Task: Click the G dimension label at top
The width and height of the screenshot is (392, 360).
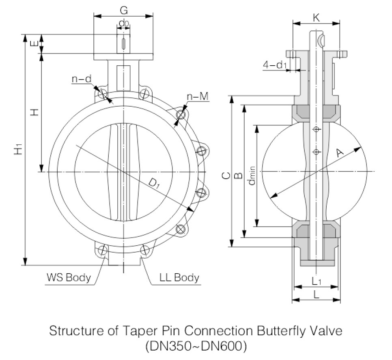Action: click(x=124, y=10)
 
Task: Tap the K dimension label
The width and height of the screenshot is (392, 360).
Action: click(x=316, y=18)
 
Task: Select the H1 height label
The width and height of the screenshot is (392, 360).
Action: click(x=18, y=149)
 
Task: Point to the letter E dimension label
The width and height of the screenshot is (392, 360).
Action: click(x=34, y=43)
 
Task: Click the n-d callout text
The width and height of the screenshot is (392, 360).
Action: click(x=81, y=79)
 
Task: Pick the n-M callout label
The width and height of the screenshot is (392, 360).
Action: click(x=198, y=97)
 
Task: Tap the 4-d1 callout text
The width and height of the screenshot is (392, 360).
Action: click(x=275, y=65)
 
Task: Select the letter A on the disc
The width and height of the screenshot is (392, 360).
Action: click(x=339, y=153)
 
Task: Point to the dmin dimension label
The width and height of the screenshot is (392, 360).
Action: click(x=251, y=175)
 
